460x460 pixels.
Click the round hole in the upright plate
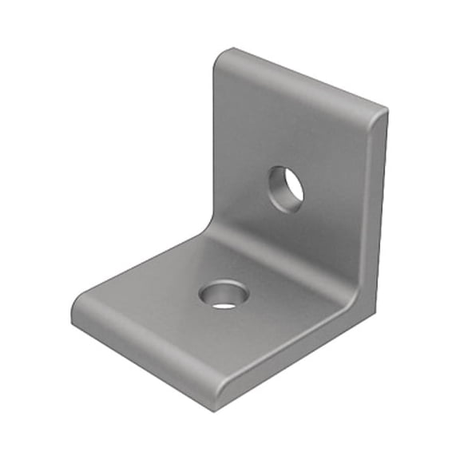click(285, 189)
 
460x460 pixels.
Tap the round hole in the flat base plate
click(224, 295)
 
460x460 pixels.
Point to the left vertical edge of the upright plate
click(214, 144)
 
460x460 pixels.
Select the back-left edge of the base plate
click(144, 264)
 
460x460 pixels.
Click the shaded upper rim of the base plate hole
click(221, 287)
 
